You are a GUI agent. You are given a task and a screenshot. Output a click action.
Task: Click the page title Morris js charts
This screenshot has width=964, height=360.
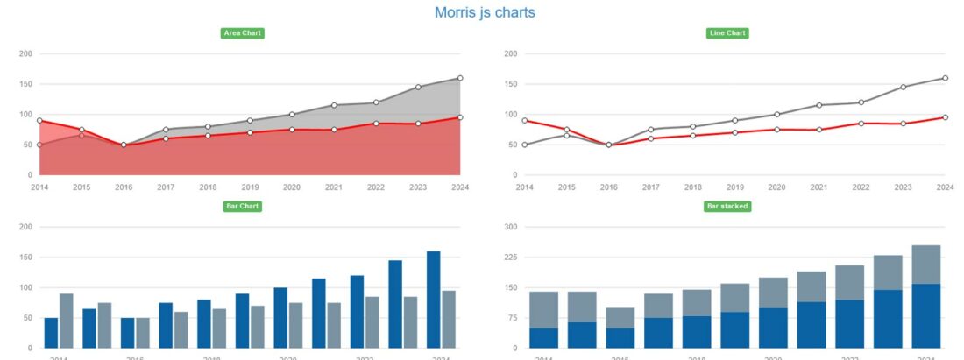pyautogui.click(x=485, y=12)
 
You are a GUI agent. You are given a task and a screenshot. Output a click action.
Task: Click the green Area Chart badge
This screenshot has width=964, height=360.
pyautogui.click(x=242, y=33)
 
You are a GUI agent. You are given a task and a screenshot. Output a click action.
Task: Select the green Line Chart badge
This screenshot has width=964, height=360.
pyautogui.click(x=727, y=33)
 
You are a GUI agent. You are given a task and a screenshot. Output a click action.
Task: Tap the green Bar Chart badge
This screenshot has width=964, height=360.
pyautogui.click(x=242, y=207)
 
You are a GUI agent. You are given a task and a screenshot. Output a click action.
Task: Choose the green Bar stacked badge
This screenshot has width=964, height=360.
pyautogui.click(x=727, y=207)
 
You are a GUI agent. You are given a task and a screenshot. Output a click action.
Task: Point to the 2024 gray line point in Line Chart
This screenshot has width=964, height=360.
pyautogui.click(x=945, y=78)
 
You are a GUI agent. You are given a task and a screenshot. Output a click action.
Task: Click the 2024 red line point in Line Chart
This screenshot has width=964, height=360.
pyautogui.click(x=945, y=117)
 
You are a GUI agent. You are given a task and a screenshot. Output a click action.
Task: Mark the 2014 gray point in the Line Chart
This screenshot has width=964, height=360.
pyautogui.click(x=525, y=145)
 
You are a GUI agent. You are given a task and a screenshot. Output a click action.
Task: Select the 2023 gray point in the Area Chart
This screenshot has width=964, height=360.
pyautogui.click(x=418, y=87)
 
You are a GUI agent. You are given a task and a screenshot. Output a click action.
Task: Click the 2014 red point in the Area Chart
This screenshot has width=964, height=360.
pyautogui.click(x=39, y=120)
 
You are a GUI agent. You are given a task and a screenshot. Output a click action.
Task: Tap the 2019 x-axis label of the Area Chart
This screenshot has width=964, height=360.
pyautogui.click(x=250, y=187)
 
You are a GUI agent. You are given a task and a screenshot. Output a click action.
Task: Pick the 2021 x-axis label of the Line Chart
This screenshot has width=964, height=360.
pyautogui.click(x=819, y=187)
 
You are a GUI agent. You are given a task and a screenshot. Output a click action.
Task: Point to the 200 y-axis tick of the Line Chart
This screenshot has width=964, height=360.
pyautogui.click(x=510, y=54)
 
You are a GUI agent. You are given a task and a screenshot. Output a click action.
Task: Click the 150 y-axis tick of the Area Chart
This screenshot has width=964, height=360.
pyautogui.click(x=26, y=84)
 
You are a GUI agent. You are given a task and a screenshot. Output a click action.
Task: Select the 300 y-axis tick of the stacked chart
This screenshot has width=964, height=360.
pyautogui.click(x=510, y=227)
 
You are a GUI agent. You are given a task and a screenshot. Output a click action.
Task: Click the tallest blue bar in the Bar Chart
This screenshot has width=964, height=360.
pyautogui.click(x=433, y=300)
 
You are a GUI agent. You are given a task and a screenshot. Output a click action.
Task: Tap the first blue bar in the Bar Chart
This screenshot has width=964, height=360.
pyautogui.click(x=51, y=333)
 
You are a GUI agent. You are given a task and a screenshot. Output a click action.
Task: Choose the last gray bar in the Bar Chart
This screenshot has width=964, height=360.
pyautogui.click(x=449, y=319)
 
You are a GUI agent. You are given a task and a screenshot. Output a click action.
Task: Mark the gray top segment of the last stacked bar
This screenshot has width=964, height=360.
pyautogui.click(x=926, y=265)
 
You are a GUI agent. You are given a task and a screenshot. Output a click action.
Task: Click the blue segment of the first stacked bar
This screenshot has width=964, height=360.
pyautogui.click(x=543, y=338)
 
